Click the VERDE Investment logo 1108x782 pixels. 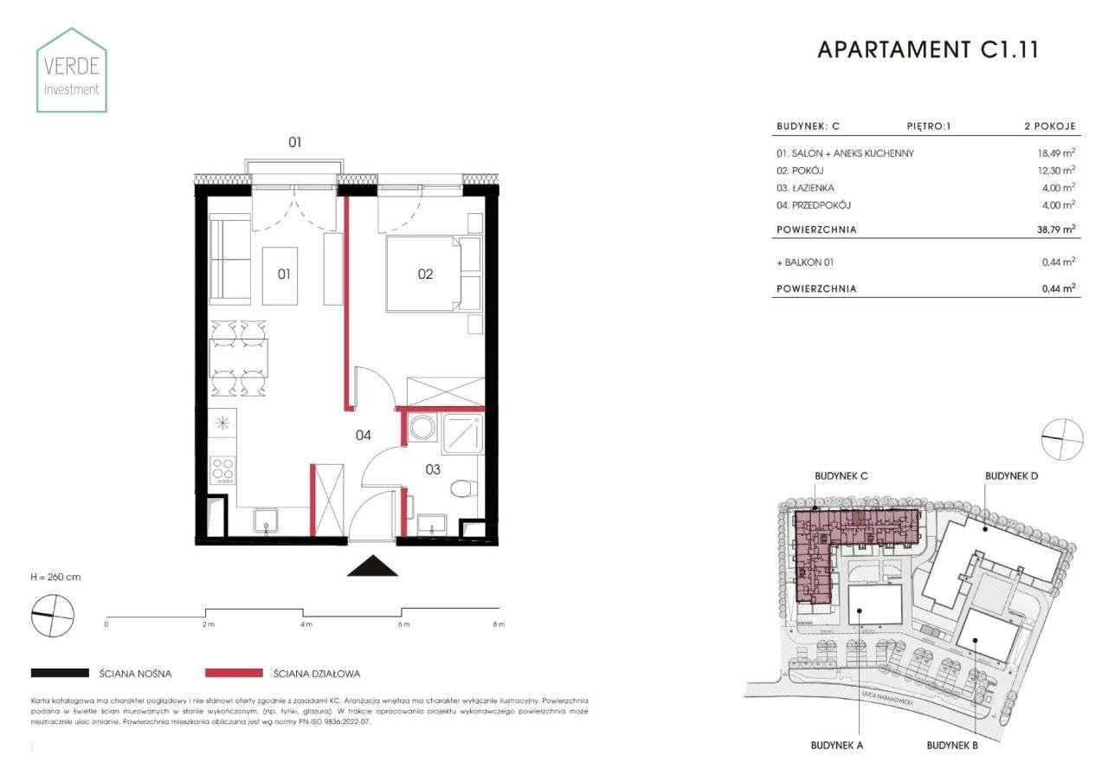pyautogui.click(x=72, y=70)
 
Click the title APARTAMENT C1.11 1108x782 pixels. pyautogui.click(x=927, y=50)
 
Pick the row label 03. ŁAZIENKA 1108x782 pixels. pyautogui.click(x=806, y=188)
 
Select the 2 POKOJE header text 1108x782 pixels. pyautogui.click(x=1049, y=126)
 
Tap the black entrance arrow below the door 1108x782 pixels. pyautogui.click(x=372, y=565)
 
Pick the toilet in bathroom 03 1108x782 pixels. pyautogui.click(x=463, y=489)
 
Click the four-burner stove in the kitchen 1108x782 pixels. pyautogui.click(x=222, y=469)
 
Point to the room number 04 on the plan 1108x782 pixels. pyautogui.click(x=363, y=435)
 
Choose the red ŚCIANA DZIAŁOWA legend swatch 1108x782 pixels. pyautogui.click(x=233, y=673)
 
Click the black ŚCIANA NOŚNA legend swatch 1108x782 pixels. pyautogui.click(x=60, y=673)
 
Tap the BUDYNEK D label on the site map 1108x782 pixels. pyautogui.click(x=1011, y=476)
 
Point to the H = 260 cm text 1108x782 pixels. pyautogui.click(x=55, y=577)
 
